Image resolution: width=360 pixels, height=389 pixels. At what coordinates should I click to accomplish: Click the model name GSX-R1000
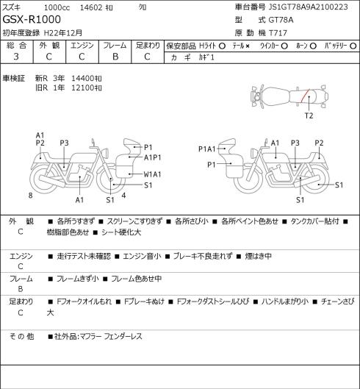pyautogui.click(x=32, y=19)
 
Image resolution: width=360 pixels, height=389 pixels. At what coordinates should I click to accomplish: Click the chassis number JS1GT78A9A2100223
pyautogui.click(x=308, y=7)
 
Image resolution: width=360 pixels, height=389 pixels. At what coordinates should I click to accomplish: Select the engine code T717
pyautogui.click(x=278, y=33)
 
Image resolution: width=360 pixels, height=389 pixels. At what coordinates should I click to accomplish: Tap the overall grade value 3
pyautogui.click(x=16, y=57)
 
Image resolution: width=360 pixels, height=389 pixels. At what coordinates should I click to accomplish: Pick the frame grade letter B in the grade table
pyautogui.click(x=115, y=57)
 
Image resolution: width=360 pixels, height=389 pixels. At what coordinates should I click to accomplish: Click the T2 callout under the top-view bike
pyautogui.click(x=309, y=115)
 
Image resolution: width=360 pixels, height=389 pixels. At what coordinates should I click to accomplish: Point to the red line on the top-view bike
pyautogui.click(x=305, y=96)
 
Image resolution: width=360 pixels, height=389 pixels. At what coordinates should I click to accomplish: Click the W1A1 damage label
pyautogui.click(x=152, y=174)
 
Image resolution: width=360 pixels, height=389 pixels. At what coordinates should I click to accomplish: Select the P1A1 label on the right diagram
pyautogui.click(x=207, y=149)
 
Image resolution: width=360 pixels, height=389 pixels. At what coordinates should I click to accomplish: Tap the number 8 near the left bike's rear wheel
pyautogui.click(x=31, y=196)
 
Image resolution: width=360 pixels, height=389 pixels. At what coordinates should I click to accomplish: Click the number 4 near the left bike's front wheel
pyautogui.click(x=123, y=196)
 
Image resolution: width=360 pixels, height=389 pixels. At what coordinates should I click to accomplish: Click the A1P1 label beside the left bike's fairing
pyautogui.click(x=153, y=157)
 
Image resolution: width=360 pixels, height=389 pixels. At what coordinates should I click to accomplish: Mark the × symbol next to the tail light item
pyautogui.click(x=248, y=46)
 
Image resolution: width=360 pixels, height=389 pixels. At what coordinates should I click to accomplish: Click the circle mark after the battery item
pyautogui.click(x=353, y=46)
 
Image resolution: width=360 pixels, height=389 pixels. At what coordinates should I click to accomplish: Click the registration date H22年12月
pyautogui.click(x=63, y=33)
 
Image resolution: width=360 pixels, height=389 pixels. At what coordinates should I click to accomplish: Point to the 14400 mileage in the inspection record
pyautogui.click(x=83, y=79)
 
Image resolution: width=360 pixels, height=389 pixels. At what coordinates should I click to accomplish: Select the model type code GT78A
pyautogui.click(x=281, y=20)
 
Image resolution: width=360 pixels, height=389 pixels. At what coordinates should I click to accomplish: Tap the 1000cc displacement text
pyautogui.click(x=57, y=7)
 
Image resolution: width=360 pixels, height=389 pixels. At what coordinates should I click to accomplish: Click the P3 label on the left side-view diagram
pyautogui.click(x=64, y=143)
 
